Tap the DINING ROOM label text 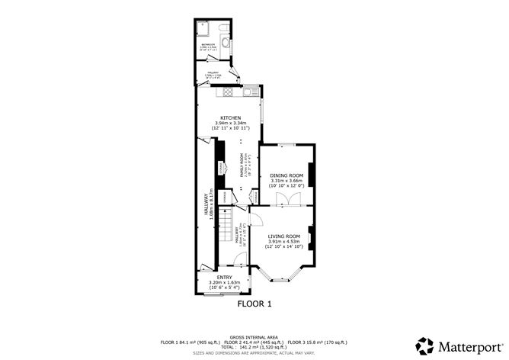[x=286, y=175]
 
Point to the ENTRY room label [x=224, y=277]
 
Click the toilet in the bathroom [x=223, y=27]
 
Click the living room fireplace [x=310, y=233]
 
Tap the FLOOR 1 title [x=254, y=304]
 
